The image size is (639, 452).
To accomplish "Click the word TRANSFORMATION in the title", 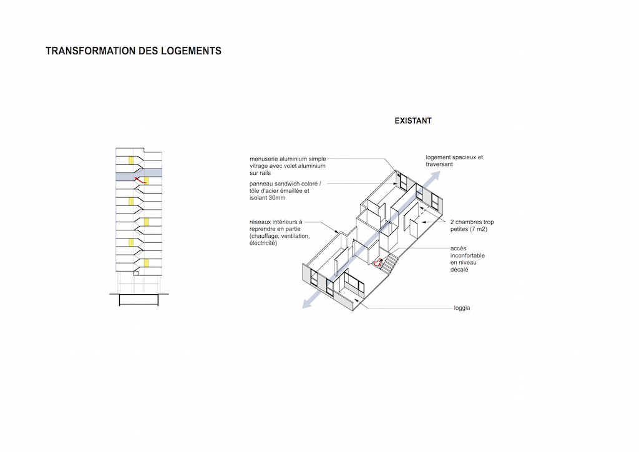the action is (x=90, y=51).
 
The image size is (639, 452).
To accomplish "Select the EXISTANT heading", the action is (x=413, y=120).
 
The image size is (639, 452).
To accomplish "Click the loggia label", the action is (x=462, y=308).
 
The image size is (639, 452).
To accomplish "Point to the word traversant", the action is (x=439, y=164).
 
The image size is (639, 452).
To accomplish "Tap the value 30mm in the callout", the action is (x=276, y=198).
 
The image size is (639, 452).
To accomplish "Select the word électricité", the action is (x=263, y=243).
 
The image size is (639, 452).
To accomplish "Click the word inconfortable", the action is (x=467, y=255).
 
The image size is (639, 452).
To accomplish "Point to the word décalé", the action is (x=459, y=270).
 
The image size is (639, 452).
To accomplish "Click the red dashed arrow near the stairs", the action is (x=378, y=263).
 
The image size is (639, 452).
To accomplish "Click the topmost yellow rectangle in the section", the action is (x=131, y=160).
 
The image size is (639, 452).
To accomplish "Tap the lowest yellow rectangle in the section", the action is (x=146, y=263).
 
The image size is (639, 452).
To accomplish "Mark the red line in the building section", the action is (x=140, y=180).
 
